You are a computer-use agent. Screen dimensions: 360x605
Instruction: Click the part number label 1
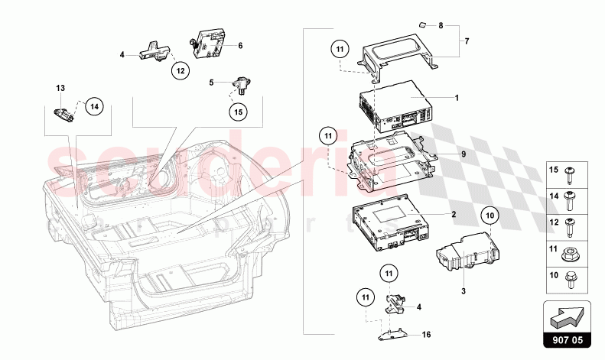tap(457, 98)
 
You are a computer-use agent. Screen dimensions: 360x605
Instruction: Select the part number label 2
tap(454, 216)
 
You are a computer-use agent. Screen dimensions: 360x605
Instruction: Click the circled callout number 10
tap(490, 216)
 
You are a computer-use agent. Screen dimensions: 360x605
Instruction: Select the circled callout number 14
tap(93, 106)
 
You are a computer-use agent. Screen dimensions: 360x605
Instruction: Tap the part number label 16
tap(428, 334)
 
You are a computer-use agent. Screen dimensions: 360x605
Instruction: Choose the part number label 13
tap(61, 89)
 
